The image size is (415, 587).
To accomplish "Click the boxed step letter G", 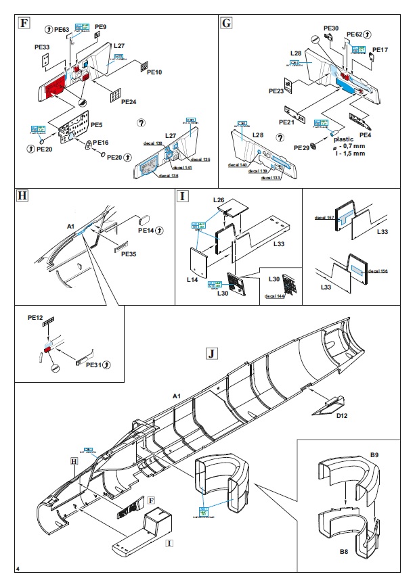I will [x=227, y=23].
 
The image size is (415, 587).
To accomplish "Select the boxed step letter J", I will [x=213, y=354].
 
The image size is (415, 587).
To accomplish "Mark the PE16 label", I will [x=100, y=143].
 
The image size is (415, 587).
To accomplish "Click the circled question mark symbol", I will [x=141, y=123].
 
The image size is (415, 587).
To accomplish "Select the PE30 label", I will [x=331, y=28].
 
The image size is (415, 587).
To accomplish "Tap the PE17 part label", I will [x=380, y=50].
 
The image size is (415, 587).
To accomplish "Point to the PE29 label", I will [x=301, y=147].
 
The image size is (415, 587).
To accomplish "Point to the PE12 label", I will [x=35, y=317].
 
